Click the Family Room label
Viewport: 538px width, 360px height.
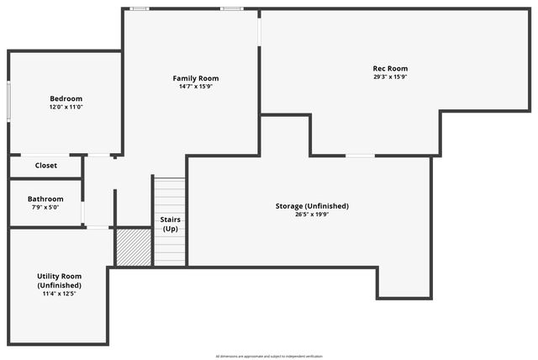(x=196, y=78)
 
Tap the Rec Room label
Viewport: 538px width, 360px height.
(x=390, y=68)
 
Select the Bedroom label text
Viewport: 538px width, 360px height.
(x=66, y=98)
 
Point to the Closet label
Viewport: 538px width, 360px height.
(x=46, y=166)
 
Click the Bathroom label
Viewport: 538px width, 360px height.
(x=45, y=199)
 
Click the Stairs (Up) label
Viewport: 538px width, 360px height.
(x=170, y=225)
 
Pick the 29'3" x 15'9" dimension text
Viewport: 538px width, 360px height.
(x=390, y=77)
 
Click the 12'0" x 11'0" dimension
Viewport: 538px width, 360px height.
(x=66, y=107)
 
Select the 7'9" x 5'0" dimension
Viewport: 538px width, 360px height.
(x=45, y=208)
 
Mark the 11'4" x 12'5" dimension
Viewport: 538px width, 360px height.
(x=59, y=294)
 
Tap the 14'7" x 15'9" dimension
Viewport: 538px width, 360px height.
(x=196, y=87)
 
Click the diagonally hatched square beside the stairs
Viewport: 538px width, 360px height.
(x=133, y=247)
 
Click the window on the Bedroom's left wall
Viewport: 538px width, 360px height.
(x=9, y=101)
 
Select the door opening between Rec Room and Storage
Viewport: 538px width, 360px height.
(x=361, y=156)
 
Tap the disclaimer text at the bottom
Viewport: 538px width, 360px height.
(x=269, y=356)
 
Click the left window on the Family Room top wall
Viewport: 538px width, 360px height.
(x=140, y=9)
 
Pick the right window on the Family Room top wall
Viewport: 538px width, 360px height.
(x=232, y=9)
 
